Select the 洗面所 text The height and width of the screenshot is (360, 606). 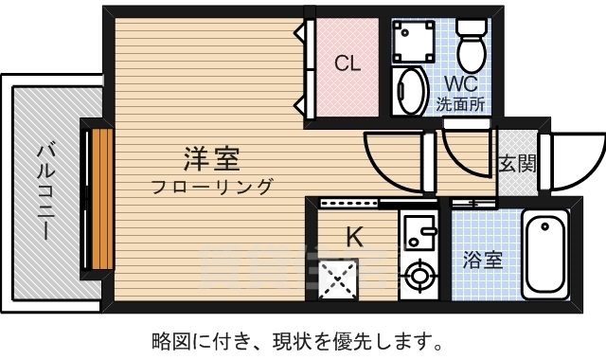(x=460, y=104)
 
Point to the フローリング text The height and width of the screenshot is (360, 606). (x=213, y=186)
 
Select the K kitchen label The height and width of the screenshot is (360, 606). (x=353, y=237)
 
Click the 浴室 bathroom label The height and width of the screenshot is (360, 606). (x=482, y=258)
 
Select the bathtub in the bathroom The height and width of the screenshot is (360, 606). (x=544, y=254)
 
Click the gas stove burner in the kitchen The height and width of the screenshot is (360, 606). (x=417, y=277)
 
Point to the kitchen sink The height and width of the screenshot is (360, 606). (x=417, y=230)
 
